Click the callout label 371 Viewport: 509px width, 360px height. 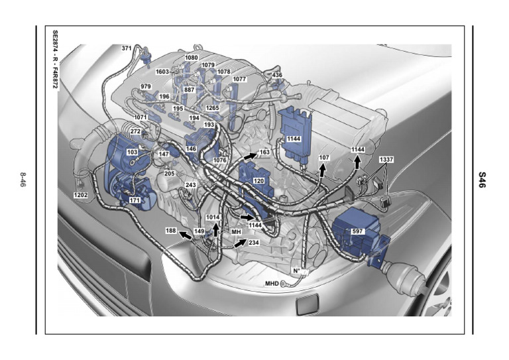coord(127,48)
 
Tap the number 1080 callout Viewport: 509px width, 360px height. coord(192,58)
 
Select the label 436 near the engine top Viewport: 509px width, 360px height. coord(278,76)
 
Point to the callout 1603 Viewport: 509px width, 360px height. coord(163,72)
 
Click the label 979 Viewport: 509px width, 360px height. coord(146,87)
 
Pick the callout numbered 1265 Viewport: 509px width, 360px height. coord(212,107)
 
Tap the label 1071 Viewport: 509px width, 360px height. coord(141,117)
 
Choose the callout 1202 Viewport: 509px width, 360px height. coord(81,196)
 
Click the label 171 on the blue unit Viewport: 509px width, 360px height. coord(135,200)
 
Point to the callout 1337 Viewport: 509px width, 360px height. coord(386,160)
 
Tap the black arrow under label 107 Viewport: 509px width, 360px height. coord(323,170)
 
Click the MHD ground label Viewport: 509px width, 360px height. coord(272,284)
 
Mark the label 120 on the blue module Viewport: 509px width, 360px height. coord(259,180)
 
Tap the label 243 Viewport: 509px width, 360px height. coord(191,185)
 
